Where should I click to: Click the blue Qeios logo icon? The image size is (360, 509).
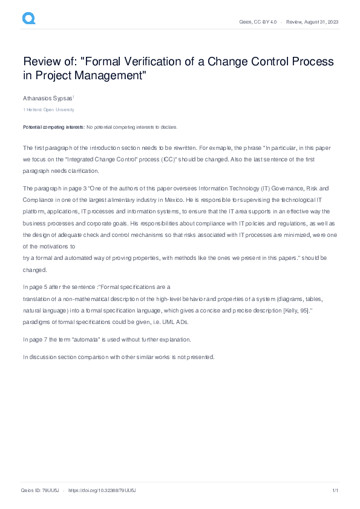29,19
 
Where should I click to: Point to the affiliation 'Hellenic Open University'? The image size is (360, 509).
50,109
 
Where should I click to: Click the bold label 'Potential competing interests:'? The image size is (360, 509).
54,128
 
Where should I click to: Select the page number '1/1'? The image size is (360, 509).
335,490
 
